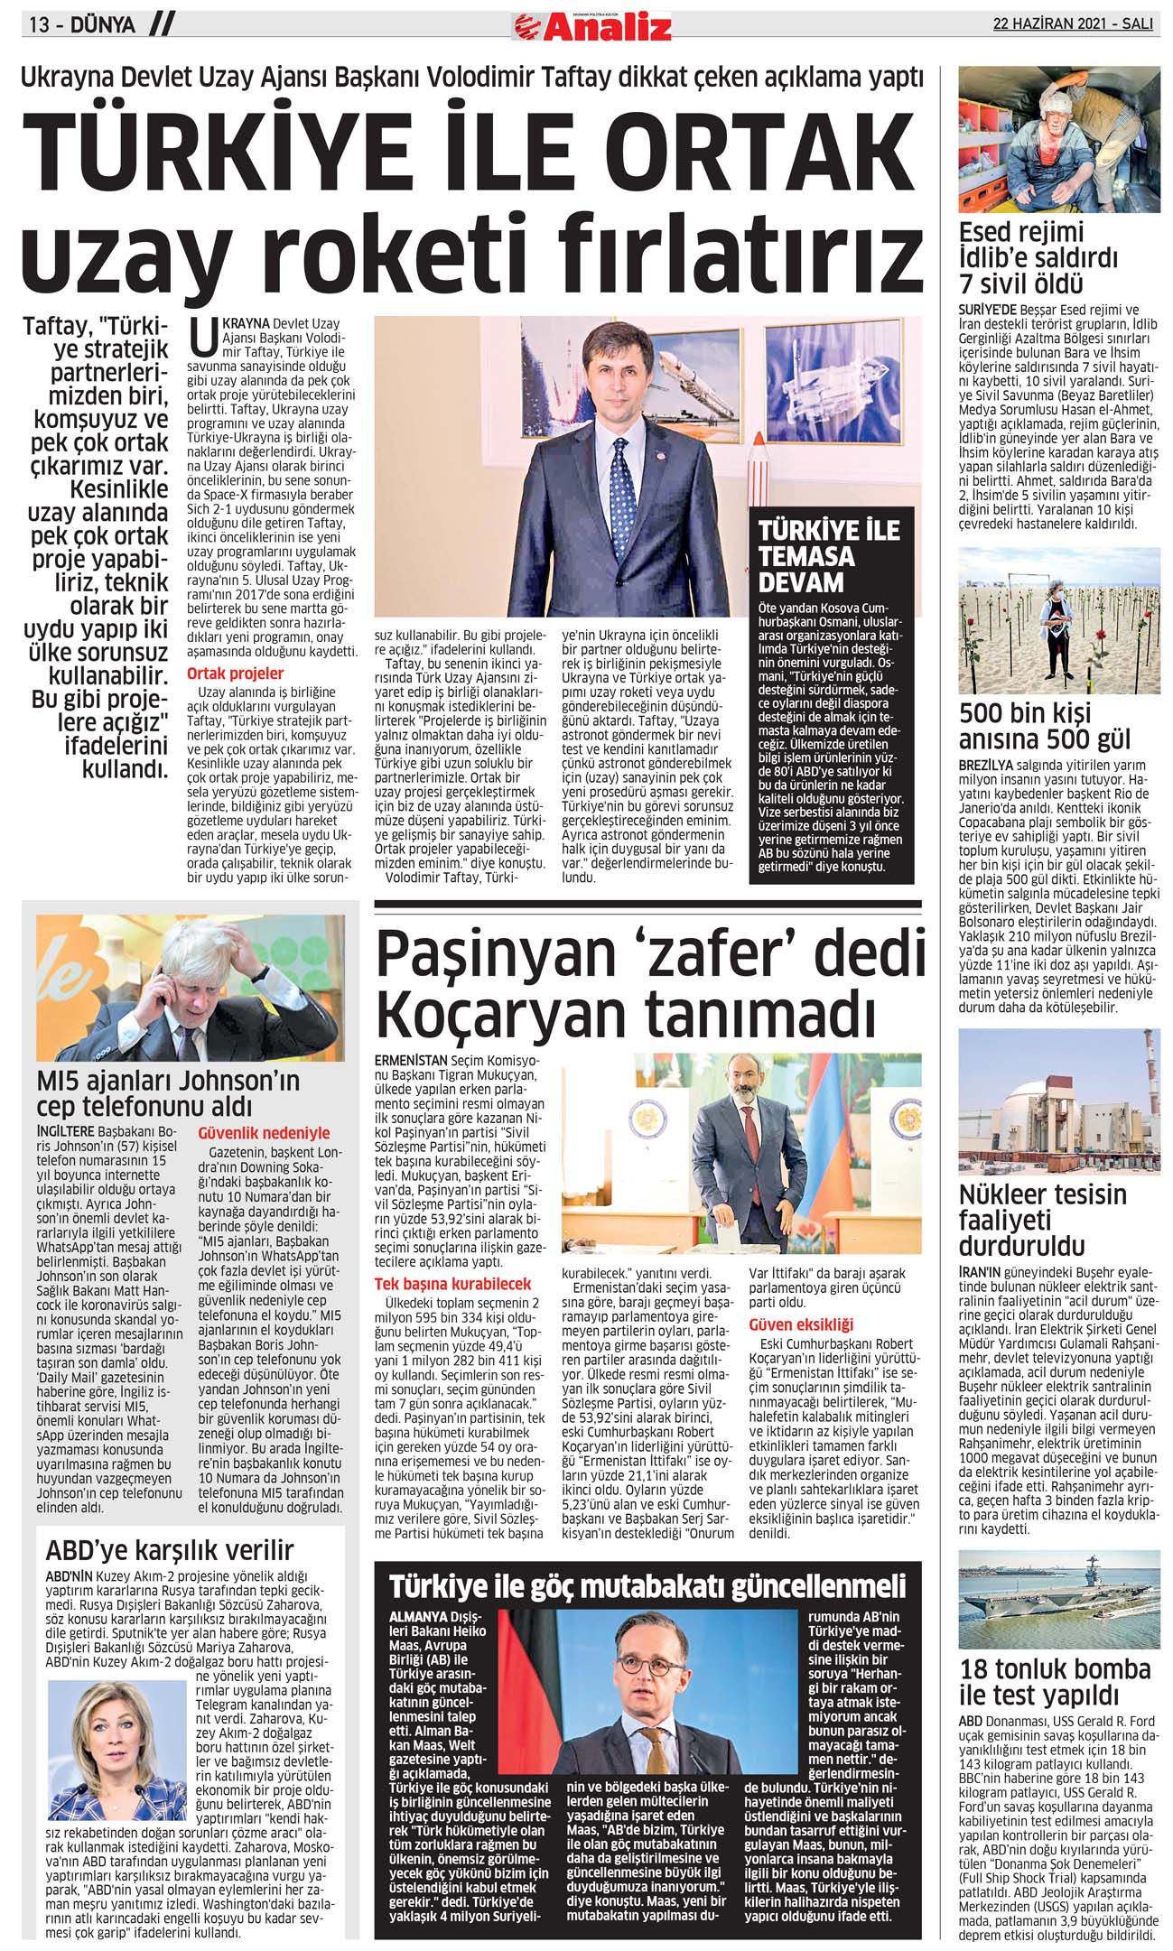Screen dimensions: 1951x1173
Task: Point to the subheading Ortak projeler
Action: (x=235, y=674)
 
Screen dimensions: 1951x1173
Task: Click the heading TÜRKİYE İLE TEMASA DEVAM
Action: (x=823, y=555)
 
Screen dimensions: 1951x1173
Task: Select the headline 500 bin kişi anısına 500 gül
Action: (x=1044, y=726)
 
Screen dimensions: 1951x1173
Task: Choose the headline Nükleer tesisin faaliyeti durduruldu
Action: (x=1042, y=1220)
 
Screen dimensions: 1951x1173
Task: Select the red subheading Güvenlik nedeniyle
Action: (x=264, y=1133)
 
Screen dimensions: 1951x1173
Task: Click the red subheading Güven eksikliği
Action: (x=800, y=1324)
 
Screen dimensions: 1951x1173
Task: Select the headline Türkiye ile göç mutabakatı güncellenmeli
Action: (x=647, y=1586)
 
